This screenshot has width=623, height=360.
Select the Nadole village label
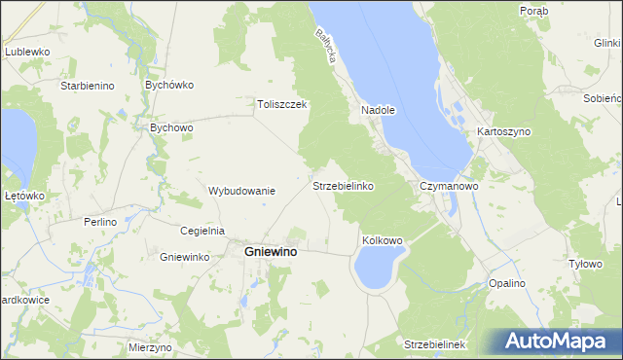pyautogui.click(x=378, y=111)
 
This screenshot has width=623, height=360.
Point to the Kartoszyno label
pyautogui.click(x=501, y=131)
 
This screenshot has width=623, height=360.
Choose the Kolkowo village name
pyautogui.click(x=382, y=239)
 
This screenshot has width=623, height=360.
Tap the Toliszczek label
pyautogui.click(x=282, y=105)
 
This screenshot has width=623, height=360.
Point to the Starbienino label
pyautogui.click(x=88, y=86)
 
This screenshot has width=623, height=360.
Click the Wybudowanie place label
pyautogui.click(x=242, y=191)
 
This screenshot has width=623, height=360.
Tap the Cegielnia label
pyautogui.click(x=202, y=231)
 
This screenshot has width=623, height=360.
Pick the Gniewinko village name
pyautogui.click(x=185, y=257)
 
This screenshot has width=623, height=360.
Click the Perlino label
pyautogui.click(x=99, y=222)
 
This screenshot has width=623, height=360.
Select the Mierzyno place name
pyautogui.click(x=150, y=347)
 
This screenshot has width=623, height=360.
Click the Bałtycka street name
pyautogui.click(x=325, y=45)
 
